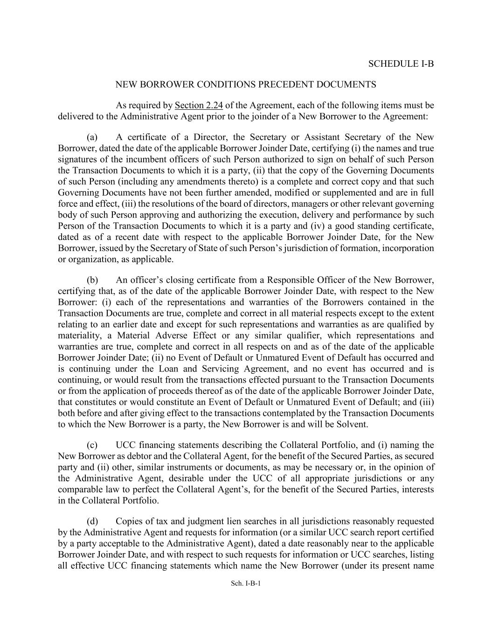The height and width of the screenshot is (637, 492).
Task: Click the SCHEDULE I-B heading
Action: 401,63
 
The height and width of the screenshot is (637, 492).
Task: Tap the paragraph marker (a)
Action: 92,137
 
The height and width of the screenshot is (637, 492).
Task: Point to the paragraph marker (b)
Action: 92,280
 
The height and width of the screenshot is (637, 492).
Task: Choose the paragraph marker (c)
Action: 92,445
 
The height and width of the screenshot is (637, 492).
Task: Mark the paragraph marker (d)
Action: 92,521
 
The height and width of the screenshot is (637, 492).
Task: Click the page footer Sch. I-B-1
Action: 245,583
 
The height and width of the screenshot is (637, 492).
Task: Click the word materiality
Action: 79,336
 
